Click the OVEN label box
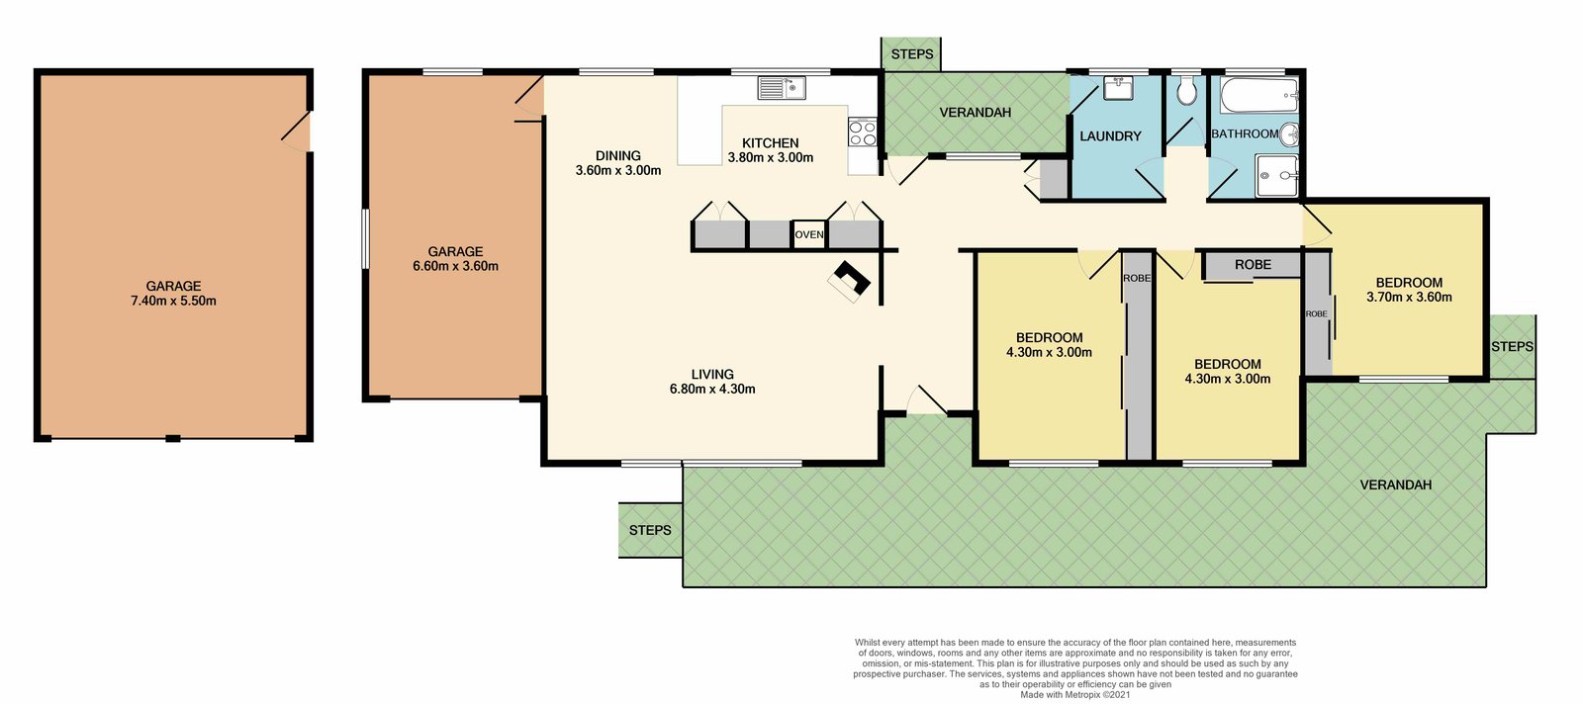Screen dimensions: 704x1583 point(809,234)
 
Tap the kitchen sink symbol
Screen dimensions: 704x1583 point(782,88)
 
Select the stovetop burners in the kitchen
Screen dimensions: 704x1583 point(863,132)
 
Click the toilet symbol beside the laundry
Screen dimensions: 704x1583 point(1186,92)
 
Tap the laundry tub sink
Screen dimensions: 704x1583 point(1118,88)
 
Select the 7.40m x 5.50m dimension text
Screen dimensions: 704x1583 point(173,301)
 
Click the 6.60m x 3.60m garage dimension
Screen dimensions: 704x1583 point(455,266)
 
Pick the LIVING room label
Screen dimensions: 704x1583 point(712,374)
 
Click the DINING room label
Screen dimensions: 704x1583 point(618,155)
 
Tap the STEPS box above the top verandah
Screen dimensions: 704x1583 point(911,54)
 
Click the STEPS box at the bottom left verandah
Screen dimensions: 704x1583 point(650,530)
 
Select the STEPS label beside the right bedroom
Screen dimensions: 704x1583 point(1512,346)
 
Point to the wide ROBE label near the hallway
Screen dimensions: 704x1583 point(1253,265)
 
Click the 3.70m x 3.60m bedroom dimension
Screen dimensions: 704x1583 point(1409,297)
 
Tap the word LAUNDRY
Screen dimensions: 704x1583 point(1110,136)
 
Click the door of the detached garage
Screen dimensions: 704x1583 point(296,131)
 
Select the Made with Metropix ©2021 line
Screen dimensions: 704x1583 point(1074,694)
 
